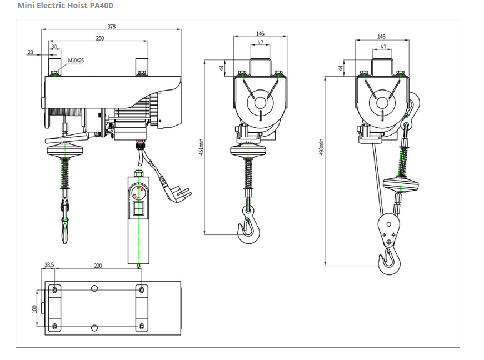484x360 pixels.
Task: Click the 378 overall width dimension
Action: [111, 27]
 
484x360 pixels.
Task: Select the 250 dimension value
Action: [99, 38]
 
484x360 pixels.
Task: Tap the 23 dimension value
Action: [30, 53]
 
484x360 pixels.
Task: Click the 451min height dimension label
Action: [202, 146]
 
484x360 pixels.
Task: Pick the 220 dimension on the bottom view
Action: [98, 266]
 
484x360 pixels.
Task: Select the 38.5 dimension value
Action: [49, 266]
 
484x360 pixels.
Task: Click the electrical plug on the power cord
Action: [181, 193]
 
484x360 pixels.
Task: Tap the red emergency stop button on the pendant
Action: [138, 193]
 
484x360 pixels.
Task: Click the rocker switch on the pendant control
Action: [139, 209]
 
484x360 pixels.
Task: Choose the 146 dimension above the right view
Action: [381, 37]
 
